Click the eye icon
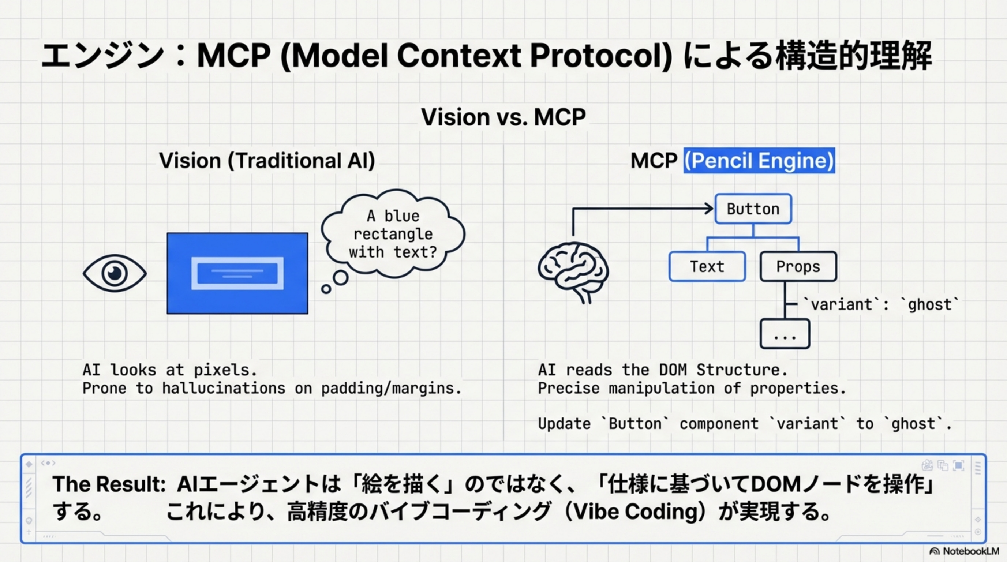point(115,273)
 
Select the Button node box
point(753,209)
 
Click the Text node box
point(707,266)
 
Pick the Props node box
point(798,266)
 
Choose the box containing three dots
point(785,334)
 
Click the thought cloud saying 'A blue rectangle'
point(393,234)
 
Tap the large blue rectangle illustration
point(237,273)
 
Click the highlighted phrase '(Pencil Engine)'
point(759,160)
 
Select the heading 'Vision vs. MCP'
point(503,117)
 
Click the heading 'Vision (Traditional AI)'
point(267,161)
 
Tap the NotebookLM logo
point(964,551)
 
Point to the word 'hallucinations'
point(224,389)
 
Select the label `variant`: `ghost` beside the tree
point(880,304)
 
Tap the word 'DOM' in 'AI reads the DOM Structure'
point(673,370)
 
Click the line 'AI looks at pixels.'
point(170,370)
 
